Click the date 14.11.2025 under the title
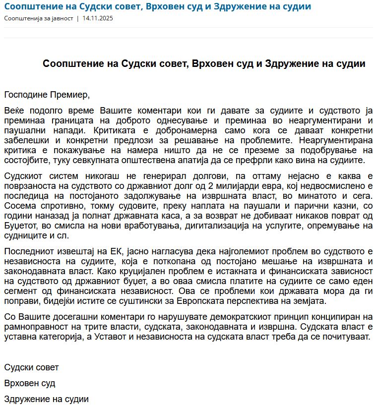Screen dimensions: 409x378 pyautogui.click(x=98, y=18)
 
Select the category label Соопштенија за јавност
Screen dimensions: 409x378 pyautogui.click(x=38, y=18)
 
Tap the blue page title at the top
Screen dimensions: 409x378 pyautogui.click(x=158, y=6)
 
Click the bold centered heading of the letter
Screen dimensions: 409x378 pyautogui.click(x=204, y=64)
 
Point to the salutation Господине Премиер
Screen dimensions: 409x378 pyautogui.click(x=47, y=94)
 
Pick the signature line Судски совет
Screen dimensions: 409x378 pyautogui.click(x=31, y=367)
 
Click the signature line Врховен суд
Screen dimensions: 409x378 pyautogui.click(x=30, y=383)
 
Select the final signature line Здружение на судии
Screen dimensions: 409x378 pyautogui.click(x=46, y=399)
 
